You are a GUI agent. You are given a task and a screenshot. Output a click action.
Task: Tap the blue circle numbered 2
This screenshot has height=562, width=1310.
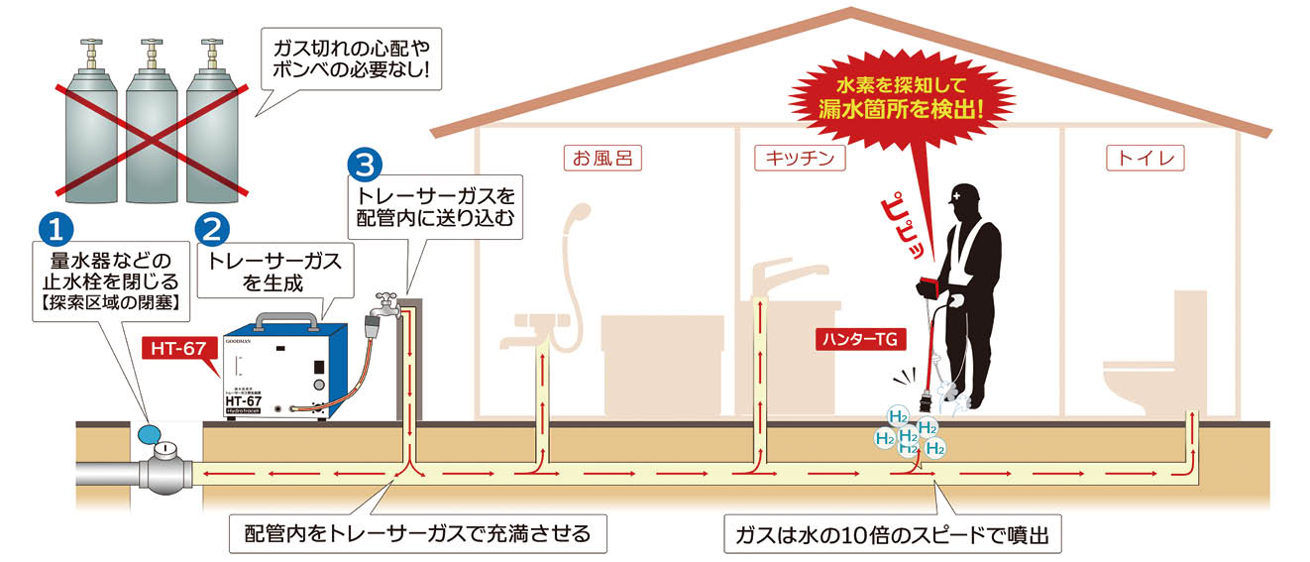point(209,228)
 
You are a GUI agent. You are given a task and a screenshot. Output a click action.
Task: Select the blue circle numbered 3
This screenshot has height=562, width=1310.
point(365,165)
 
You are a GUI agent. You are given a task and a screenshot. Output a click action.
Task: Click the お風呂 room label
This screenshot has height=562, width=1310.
point(602,158)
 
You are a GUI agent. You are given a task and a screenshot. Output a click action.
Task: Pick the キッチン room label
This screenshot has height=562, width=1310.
point(799,158)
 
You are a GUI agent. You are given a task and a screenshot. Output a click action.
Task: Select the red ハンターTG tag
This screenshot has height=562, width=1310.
point(858,340)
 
